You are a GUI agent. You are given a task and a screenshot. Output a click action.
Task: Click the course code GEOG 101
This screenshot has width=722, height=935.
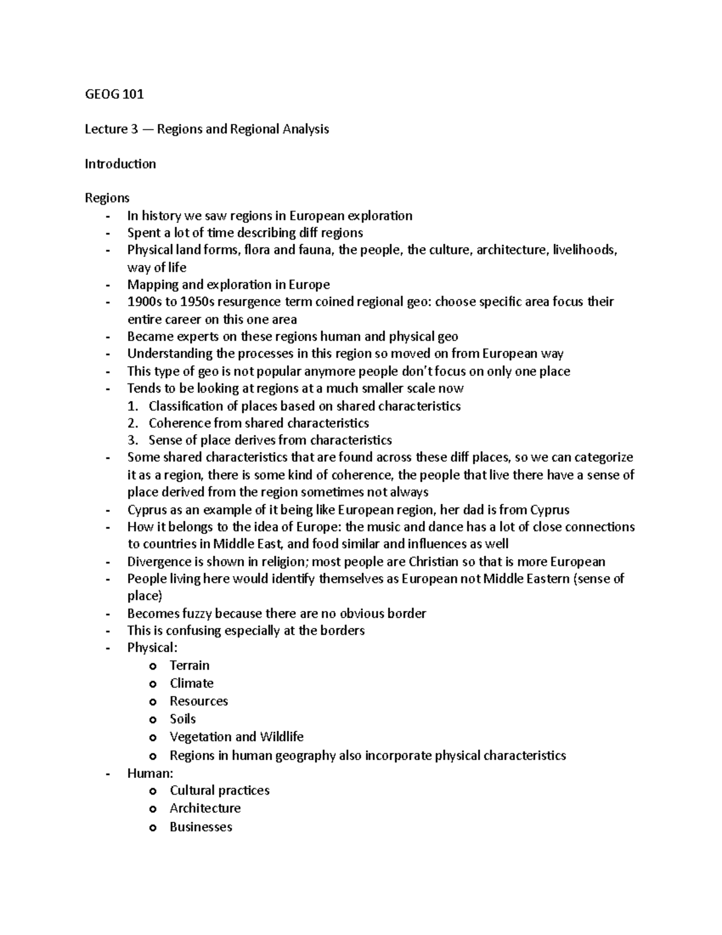click(114, 94)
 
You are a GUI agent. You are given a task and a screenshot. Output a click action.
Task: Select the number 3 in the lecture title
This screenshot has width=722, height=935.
click(134, 129)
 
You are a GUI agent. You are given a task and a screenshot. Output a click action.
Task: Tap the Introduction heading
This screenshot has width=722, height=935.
click(120, 164)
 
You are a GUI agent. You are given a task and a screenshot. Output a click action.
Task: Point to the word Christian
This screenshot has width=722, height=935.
click(434, 562)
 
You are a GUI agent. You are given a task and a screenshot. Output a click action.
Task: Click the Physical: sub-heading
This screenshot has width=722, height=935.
click(152, 648)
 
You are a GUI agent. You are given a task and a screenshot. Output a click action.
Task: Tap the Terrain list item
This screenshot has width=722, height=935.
click(190, 665)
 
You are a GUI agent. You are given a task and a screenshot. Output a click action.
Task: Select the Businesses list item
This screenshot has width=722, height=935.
click(201, 827)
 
